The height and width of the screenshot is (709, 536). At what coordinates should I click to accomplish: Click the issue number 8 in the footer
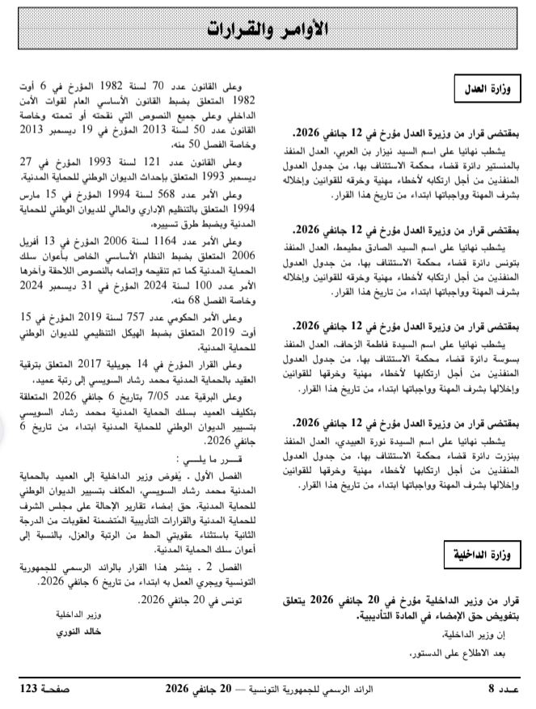point(490,689)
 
